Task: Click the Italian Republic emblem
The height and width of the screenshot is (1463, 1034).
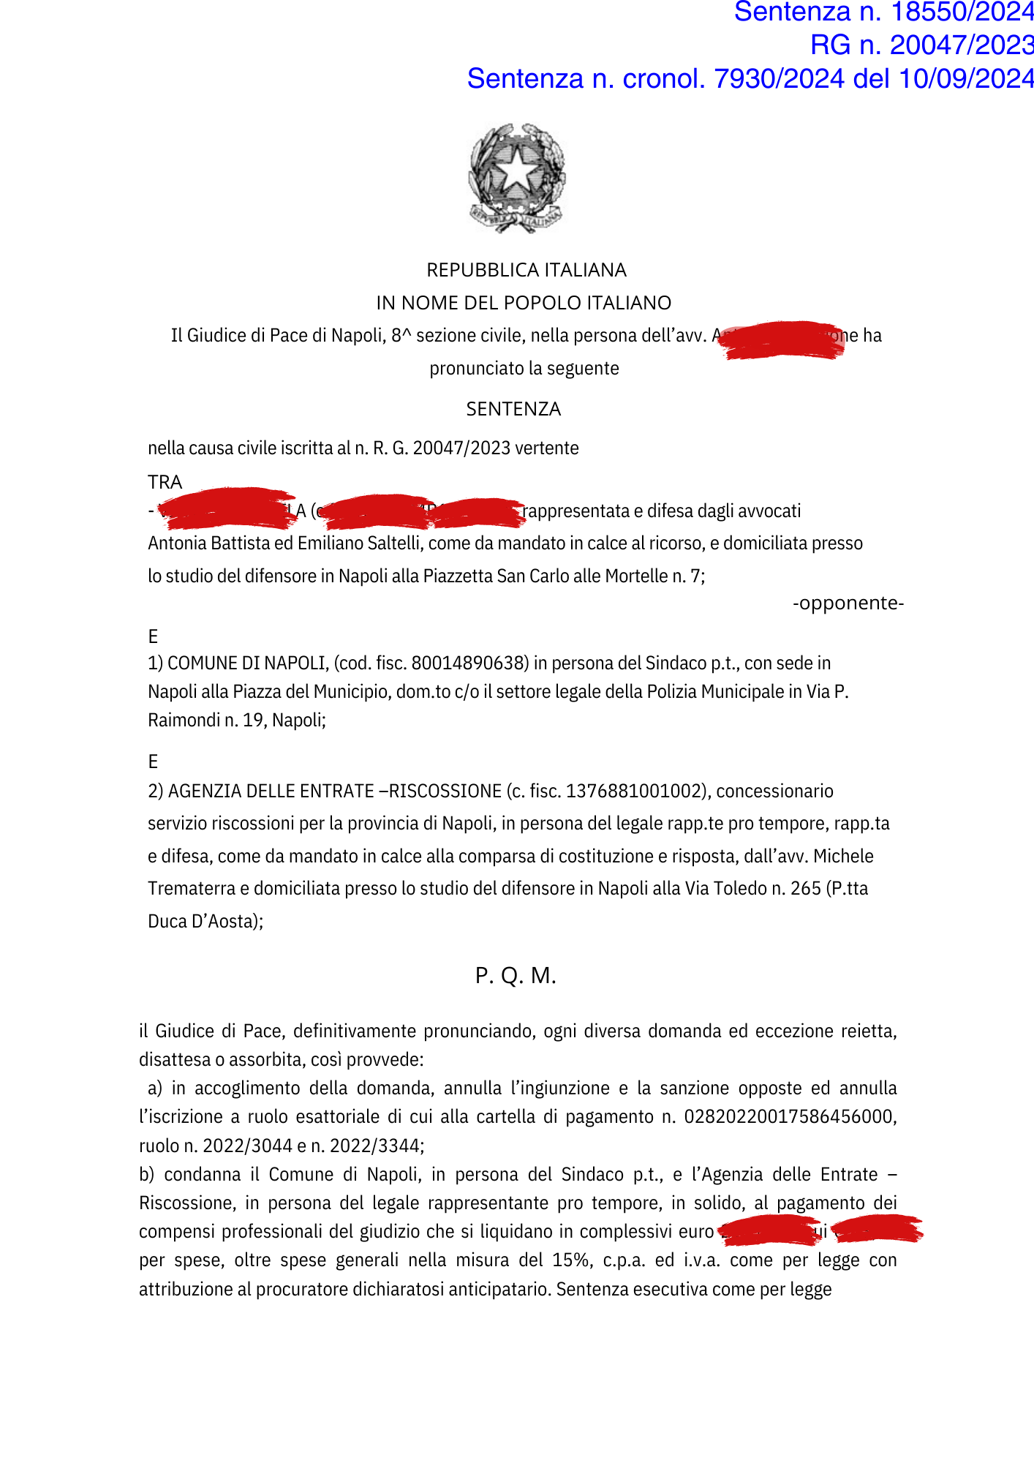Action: pos(516,178)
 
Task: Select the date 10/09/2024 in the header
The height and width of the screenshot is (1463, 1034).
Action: pos(965,79)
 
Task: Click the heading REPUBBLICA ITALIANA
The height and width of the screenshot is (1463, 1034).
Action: pos(526,270)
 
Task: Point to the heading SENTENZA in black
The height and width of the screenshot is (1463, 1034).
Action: pos(513,409)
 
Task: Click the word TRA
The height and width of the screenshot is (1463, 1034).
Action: pos(165,482)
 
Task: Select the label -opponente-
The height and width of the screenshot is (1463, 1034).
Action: pos(848,603)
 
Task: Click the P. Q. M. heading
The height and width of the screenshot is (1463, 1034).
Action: pos(516,975)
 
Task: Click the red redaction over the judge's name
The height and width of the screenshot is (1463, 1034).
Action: pos(781,339)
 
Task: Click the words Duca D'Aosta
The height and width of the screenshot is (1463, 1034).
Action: pos(204,922)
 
